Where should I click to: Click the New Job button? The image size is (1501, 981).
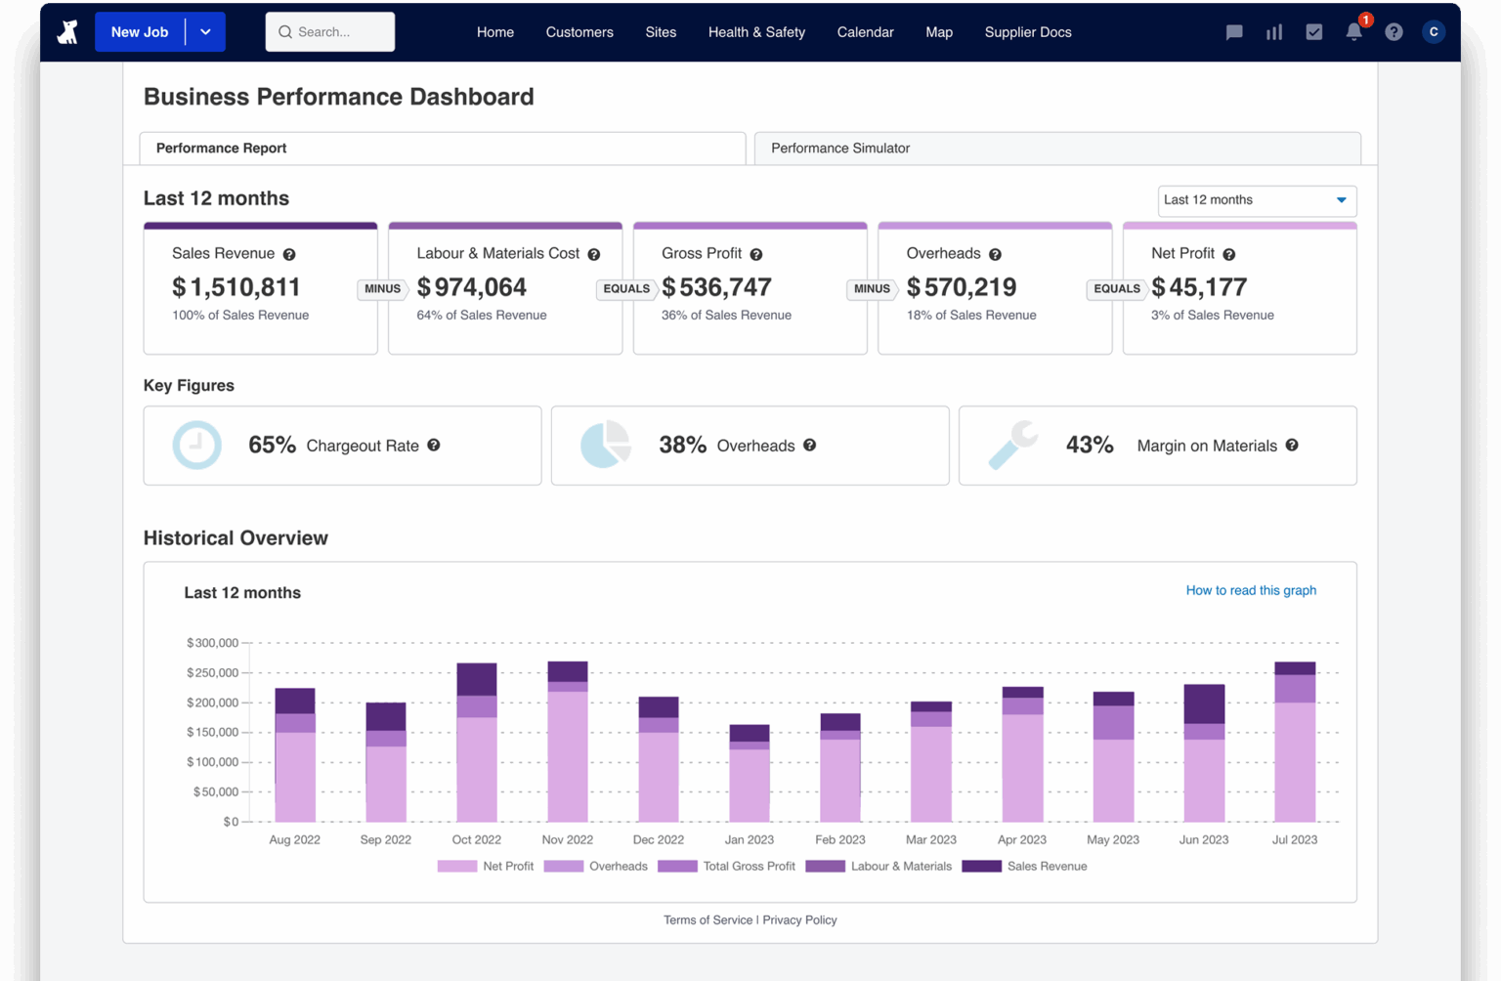click(140, 32)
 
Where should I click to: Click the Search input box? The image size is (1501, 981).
click(330, 32)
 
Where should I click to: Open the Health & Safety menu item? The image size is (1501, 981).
click(756, 32)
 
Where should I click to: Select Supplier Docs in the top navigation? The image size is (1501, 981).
click(1027, 32)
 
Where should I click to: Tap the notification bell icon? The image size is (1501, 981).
click(1353, 32)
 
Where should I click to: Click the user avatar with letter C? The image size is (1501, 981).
click(1433, 32)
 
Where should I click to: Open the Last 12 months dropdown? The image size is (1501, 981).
click(1257, 200)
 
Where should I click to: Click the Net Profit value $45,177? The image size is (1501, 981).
click(1199, 287)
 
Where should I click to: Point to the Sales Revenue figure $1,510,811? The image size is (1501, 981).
click(236, 287)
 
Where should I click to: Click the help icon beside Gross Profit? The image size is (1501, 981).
click(755, 254)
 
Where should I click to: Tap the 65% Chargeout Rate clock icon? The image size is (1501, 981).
click(196, 446)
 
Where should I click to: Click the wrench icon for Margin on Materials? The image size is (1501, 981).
click(1012, 446)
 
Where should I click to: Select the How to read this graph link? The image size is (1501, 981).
click(1250, 590)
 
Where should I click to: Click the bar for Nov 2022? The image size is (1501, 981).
click(568, 743)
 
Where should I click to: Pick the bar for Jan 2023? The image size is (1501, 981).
click(750, 774)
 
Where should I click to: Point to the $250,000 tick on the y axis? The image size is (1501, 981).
click(212, 673)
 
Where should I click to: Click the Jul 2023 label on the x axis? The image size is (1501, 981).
click(1294, 840)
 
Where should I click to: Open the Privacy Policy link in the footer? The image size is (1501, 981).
click(799, 920)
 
